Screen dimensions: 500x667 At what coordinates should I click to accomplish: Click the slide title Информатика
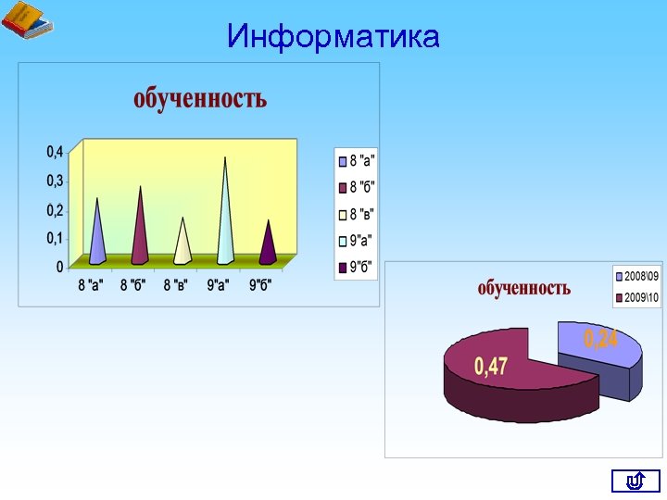coord(333,37)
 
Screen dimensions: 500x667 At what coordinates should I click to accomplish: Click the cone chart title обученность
coord(200,98)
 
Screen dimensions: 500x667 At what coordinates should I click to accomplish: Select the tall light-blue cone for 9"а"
coord(225,218)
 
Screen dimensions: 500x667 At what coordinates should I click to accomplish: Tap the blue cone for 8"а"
coord(96,236)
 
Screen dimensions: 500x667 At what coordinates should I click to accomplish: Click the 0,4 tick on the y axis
coord(56,151)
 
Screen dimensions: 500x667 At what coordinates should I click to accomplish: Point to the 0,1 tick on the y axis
coord(56,239)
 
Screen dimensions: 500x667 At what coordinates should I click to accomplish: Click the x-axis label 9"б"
coord(260,284)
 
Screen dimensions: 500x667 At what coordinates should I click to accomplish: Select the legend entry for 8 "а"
coord(356,161)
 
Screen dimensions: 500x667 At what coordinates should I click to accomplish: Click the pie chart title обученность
coord(524,288)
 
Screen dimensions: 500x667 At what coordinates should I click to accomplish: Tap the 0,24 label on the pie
coord(601,339)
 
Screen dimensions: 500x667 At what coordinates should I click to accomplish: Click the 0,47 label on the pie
coord(491,367)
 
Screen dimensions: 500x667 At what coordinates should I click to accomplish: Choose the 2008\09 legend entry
coord(636,276)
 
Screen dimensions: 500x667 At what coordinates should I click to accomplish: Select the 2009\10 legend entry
coord(636,297)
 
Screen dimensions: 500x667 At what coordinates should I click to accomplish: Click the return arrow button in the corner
coord(636,481)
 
